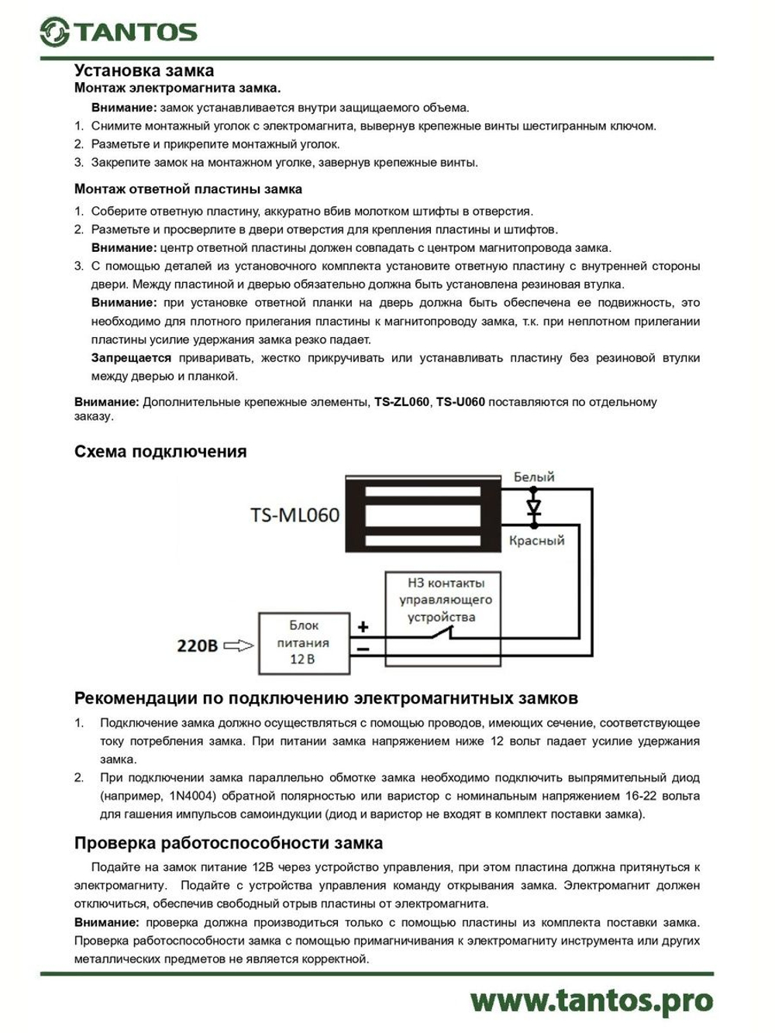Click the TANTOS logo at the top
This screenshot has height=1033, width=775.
coord(119,32)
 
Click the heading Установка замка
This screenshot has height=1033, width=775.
coord(143,71)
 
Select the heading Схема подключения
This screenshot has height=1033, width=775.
coord(160,452)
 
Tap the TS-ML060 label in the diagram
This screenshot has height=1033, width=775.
coord(294,515)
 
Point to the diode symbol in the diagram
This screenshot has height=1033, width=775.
coord(533,508)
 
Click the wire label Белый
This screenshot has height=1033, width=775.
coord(534,477)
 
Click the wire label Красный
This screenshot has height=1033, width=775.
coord(536,540)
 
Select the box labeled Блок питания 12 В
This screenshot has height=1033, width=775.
coord(303,642)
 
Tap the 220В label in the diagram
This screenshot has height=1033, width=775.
coord(198,645)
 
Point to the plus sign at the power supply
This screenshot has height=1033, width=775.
coord(363,627)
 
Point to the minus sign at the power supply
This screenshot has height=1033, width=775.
coord(363,649)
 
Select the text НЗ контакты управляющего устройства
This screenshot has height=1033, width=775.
coord(444,600)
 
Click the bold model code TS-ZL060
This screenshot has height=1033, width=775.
coord(401,402)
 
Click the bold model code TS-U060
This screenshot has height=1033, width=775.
coord(460,402)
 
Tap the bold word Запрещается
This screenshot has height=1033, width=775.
coord(131,358)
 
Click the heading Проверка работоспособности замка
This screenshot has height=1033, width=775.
coord(228,843)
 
